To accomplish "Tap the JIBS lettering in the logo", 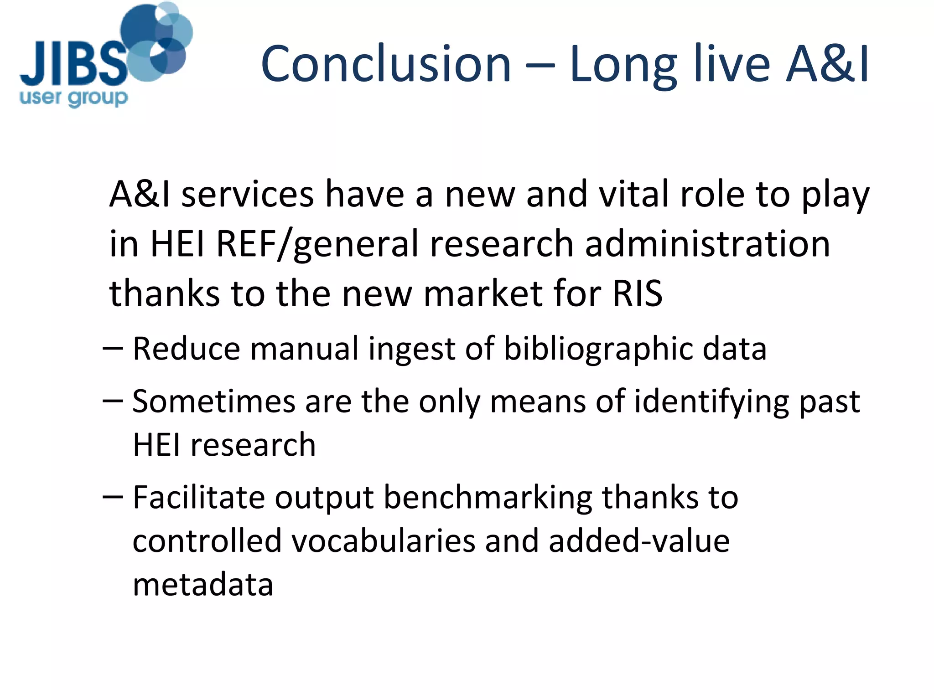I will [x=73, y=64].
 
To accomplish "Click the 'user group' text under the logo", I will [x=73, y=98].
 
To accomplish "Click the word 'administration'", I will [x=707, y=243].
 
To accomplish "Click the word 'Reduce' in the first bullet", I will [x=186, y=349].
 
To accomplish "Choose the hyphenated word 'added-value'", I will [x=639, y=541].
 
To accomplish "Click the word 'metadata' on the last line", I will [x=203, y=585].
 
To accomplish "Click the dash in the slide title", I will [x=540, y=66].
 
